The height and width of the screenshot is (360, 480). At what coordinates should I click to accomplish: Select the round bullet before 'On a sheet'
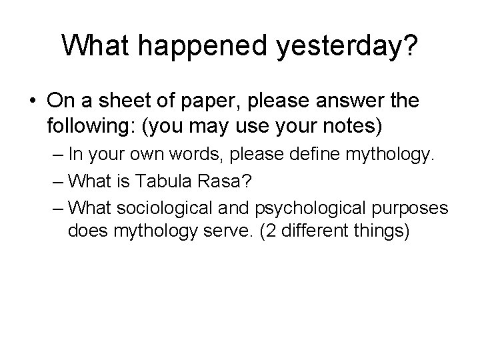(x=32, y=101)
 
